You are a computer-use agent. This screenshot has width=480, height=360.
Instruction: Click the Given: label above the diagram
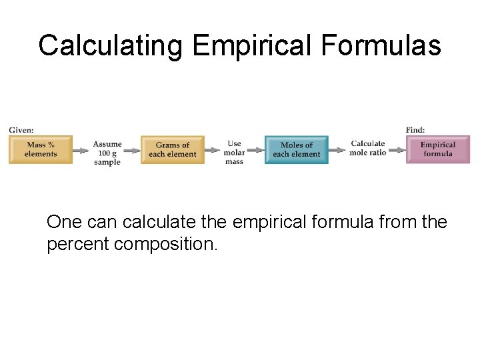(x=21, y=130)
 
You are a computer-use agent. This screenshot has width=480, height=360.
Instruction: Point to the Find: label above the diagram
(x=415, y=130)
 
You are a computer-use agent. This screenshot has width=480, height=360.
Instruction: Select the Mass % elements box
(x=41, y=150)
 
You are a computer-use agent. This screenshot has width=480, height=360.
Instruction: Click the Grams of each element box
(x=173, y=150)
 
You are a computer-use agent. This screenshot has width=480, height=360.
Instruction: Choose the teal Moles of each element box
(x=297, y=150)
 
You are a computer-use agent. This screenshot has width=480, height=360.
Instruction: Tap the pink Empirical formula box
(x=438, y=150)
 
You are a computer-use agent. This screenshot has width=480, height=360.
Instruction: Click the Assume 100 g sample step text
(x=107, y=153)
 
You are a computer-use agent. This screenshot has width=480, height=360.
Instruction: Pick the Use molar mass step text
(x=234, y=153)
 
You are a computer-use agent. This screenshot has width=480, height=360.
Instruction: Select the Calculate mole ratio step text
(x=368, y=148)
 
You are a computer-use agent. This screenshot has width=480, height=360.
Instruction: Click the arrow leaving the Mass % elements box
(x=82, y=151)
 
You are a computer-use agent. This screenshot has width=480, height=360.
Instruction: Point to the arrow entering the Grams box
(x=132, y=151)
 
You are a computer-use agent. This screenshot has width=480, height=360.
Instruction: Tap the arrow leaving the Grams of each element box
(x=213, y=151)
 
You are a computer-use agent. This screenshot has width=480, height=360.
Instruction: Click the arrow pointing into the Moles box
(x=255, y=151)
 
